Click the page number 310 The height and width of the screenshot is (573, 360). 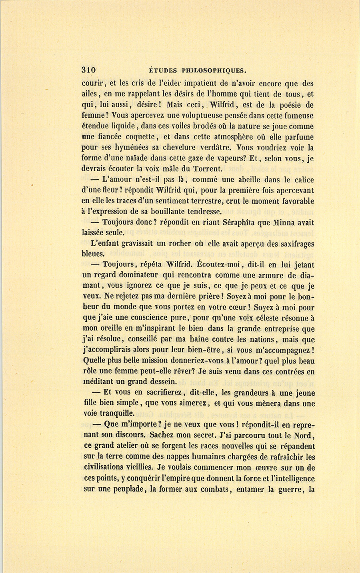89,70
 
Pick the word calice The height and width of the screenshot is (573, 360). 302,180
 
